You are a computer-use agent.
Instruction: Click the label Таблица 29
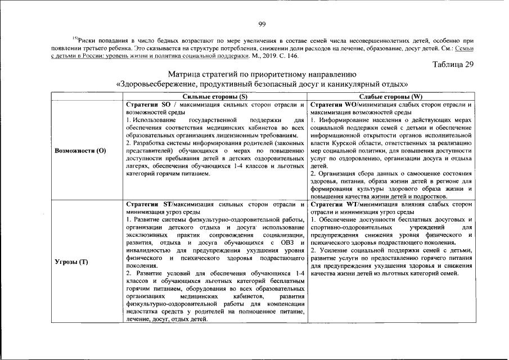453,64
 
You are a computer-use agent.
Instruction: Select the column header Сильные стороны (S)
215,97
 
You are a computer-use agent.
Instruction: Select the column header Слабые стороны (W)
391,97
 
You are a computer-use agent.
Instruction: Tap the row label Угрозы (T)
72,262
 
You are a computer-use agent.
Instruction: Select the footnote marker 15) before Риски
75,38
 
